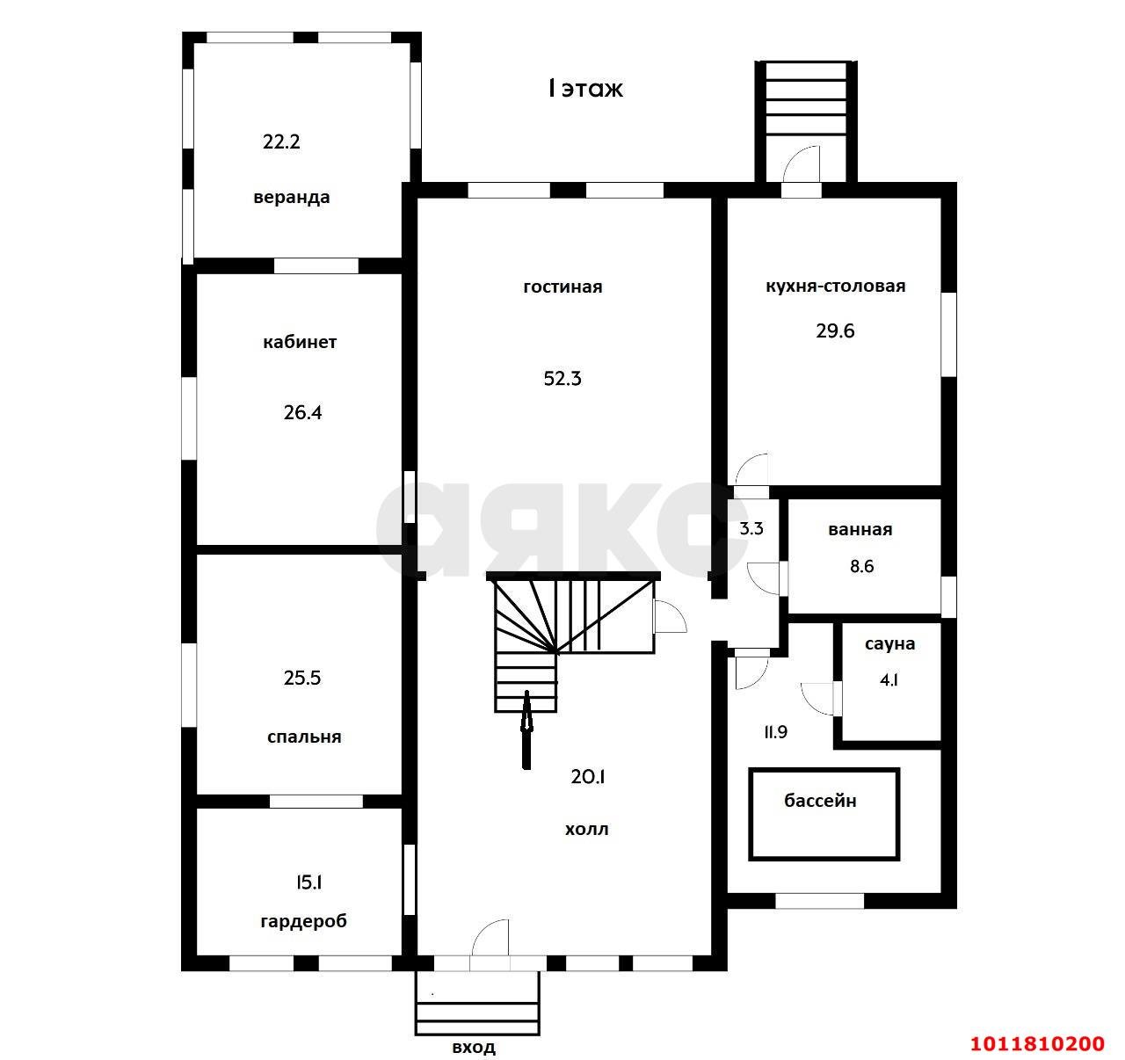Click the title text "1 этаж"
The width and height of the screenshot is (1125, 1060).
tap(585, 89)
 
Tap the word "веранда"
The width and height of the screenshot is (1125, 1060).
tap(291, 197)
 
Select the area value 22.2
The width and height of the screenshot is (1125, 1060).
tap(281, 141)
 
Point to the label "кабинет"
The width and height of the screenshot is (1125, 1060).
tap(300, 342)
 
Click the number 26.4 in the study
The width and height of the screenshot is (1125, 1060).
tap(302, 412)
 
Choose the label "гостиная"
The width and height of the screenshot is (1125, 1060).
tap(562, 287)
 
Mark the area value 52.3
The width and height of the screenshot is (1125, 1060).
tap(562, 378)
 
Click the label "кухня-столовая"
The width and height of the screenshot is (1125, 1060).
tap(836, 287)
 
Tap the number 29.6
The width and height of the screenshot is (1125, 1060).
tap(835, 330)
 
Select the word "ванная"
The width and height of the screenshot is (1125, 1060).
tap(860, 530)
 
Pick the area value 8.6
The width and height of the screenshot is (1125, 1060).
tap(861, 566)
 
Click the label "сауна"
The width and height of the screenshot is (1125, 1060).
tap(890, 644)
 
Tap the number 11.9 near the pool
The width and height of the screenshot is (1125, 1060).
tap(775, 732)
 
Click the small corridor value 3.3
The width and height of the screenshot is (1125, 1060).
tap(751, 528)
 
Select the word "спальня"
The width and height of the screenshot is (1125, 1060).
tap(304, 737)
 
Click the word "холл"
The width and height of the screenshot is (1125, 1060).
tap(586, 830)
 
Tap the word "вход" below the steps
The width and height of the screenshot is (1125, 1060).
tap(474, 1048)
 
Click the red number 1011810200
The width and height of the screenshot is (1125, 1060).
tap(1038, 1043)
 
